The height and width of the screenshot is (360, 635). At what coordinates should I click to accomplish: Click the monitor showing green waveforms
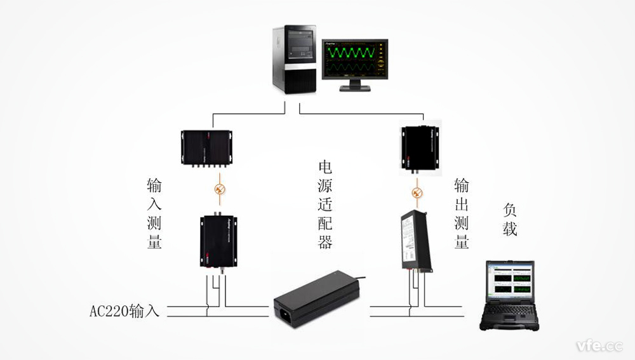[x=354, y=59]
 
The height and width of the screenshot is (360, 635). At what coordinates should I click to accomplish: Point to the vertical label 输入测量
[x=154, y=213]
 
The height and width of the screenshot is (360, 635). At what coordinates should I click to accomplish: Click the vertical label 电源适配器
[x=325, y=204]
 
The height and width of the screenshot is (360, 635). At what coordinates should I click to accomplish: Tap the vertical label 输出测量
[x=462, y=213]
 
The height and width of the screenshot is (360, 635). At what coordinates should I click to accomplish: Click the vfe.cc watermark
[x=599, y=346]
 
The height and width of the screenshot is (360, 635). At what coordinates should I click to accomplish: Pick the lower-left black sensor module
[x=219, y=241]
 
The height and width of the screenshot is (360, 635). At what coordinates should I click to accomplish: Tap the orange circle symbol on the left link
[x=220, y=189]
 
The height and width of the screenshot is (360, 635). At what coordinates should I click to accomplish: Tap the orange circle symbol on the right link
[x=417, y=190]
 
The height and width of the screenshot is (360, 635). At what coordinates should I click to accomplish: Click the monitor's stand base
[x=354, y=88]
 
